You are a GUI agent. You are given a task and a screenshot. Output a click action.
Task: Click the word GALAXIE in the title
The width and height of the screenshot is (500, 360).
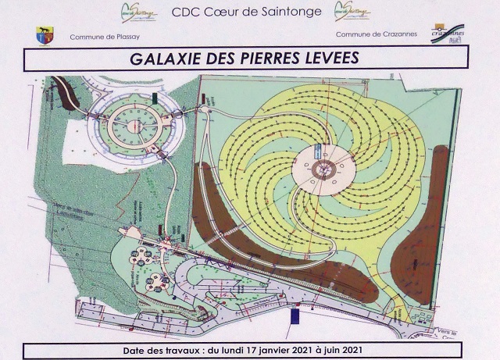[170, 59]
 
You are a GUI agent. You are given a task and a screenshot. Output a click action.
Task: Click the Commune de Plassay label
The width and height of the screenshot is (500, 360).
[101, 37]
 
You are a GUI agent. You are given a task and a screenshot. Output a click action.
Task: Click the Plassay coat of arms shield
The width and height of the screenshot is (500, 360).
[44, 35]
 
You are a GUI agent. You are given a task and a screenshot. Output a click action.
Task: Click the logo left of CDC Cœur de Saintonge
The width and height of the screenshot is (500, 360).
[137, 12]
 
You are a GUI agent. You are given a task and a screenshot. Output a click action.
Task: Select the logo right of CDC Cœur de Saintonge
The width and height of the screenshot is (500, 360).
[352, 11]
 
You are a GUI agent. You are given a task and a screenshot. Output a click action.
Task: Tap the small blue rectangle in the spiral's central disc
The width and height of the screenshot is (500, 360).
[317, 150]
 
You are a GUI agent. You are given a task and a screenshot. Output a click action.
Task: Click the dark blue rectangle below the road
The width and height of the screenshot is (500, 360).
[295, 316]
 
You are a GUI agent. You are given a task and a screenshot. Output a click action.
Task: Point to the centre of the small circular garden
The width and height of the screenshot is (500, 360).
[133, 123]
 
